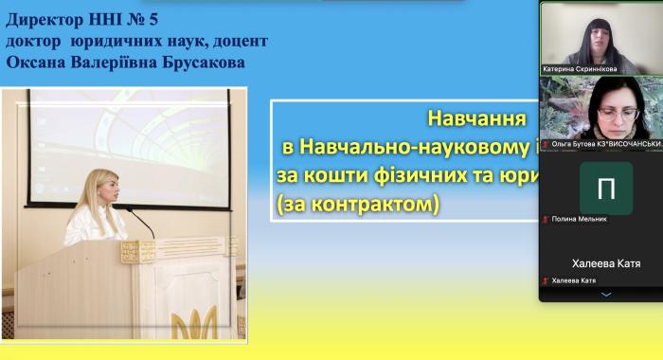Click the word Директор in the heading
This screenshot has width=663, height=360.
(45, 18)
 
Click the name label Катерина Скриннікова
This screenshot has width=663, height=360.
(579, 69)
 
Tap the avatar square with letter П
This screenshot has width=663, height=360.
(606, 188)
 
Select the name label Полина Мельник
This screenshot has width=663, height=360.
(579, 219)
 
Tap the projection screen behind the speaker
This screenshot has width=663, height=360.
(127, 142)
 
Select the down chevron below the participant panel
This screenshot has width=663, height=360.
(606, 295)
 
